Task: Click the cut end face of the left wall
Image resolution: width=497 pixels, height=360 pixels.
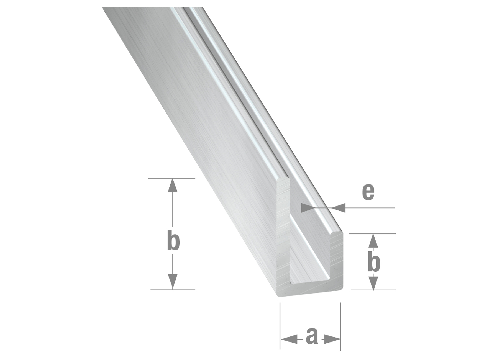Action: pos(283,235)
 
